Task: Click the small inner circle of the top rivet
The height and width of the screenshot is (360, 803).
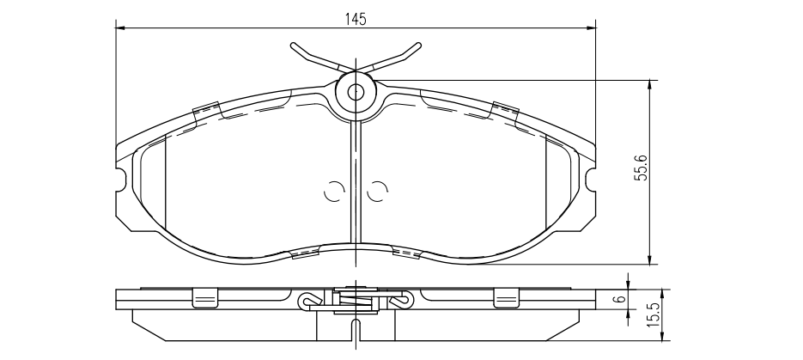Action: pyautogui.click(x=356, y=91)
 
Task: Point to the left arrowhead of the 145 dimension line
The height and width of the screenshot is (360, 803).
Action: pyautogui.click(x=120, y=28)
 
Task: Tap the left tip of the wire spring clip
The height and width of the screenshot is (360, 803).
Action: pyautogui.click(x=294, y=46)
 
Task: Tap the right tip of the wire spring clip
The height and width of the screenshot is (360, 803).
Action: pyautogui.click(x=418, y=46)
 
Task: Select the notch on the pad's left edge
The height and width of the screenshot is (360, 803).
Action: pyautogui.click(x=121, y=179)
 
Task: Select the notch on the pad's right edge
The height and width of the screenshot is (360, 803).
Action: pyautogui.click(x=591, y=179)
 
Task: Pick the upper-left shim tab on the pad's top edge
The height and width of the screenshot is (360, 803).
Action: pyautogui.click(x=207, y=110)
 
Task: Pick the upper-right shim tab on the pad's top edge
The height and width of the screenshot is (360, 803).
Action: pyautogui.click(x=505, y=110)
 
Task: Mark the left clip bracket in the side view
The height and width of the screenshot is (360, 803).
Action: pyautogui.click(x=204, y=296)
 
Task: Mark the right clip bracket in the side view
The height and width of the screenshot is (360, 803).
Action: pyautogui.click(x=507, y=296)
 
